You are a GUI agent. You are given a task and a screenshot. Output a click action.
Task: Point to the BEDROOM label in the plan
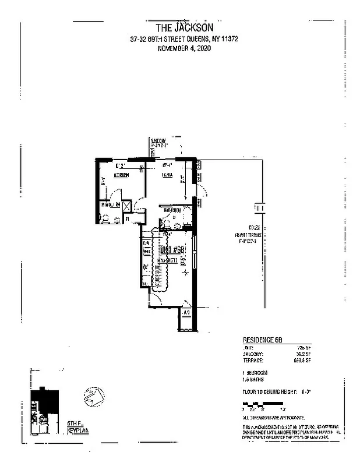coord(121,175)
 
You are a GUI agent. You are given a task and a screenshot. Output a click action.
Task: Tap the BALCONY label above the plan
coord(160,141)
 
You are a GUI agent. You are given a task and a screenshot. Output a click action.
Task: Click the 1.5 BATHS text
coord(254,379)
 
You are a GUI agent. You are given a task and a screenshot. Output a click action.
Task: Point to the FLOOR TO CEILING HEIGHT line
coord(277,392)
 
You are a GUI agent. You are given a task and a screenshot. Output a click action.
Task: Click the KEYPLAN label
coord(77,429)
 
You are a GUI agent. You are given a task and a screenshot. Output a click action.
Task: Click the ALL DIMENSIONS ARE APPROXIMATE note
coord(274,418)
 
